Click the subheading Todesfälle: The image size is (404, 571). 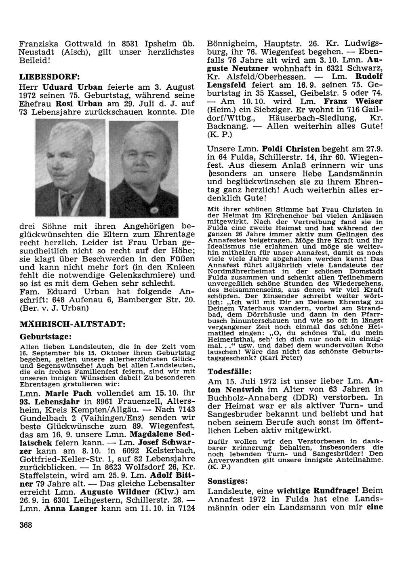pyautogui.click(x=230, y=371)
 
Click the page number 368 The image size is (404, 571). pyautogui.click(x=25, y=525)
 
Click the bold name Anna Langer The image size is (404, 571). pyautogui.click(x=73, y=508)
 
